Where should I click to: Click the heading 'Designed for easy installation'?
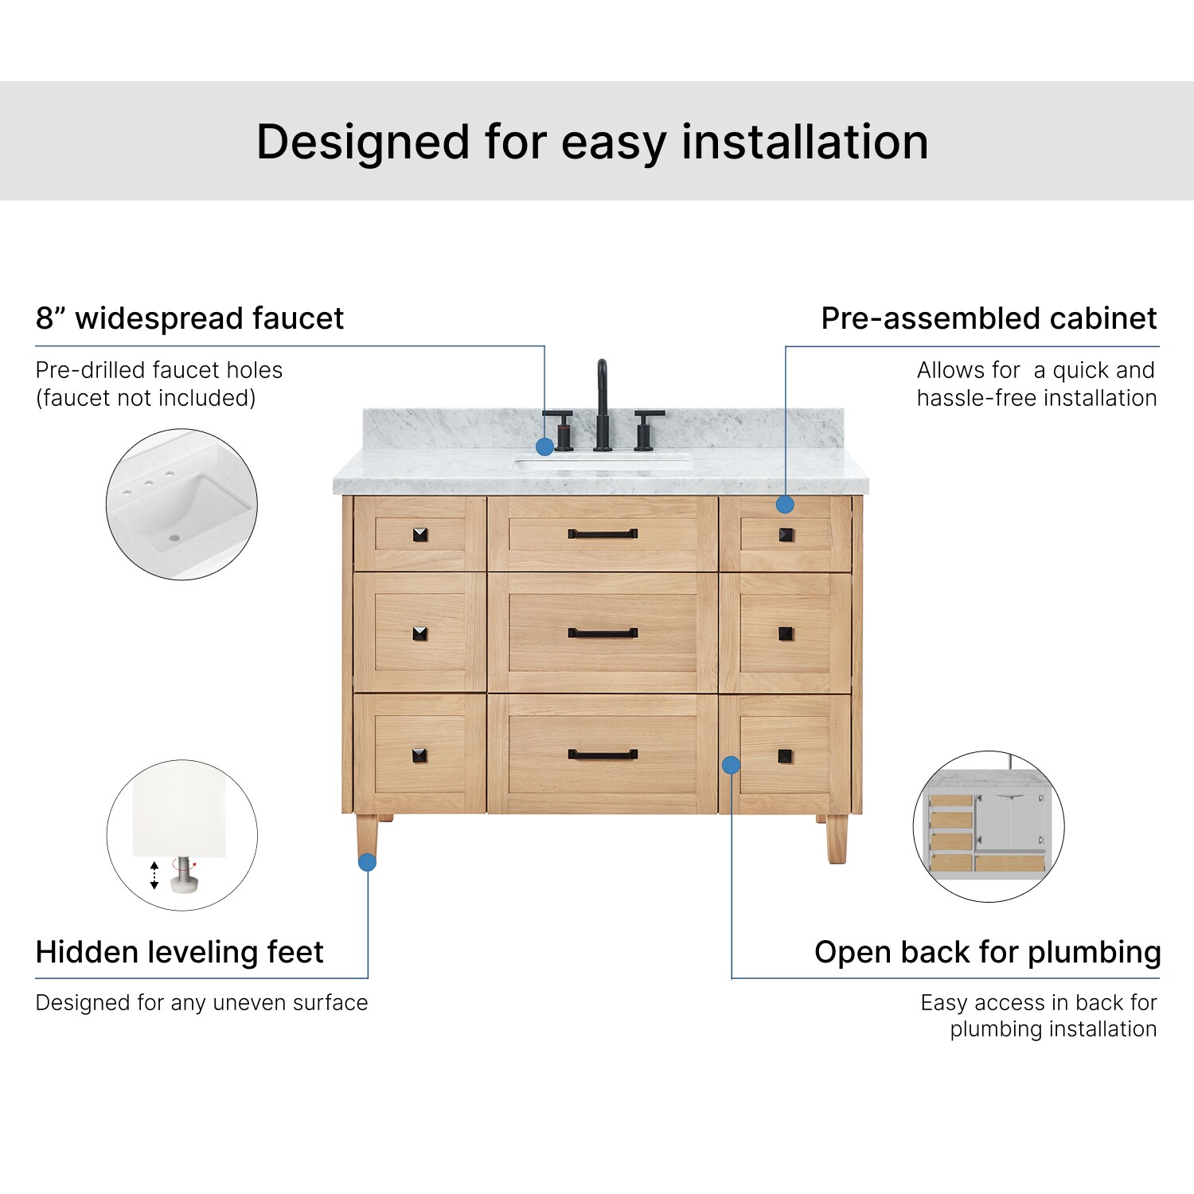click(592, 142)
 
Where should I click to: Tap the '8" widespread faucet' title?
click(189, 318)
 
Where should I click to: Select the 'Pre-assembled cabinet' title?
click(989, 318)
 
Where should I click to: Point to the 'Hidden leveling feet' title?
click(180, 952)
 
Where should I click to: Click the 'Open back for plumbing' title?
click(987, 952)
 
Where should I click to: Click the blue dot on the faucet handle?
click(544, 447)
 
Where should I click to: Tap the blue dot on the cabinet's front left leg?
click(367, 862)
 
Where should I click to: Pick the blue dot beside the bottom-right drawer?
click(731, 765)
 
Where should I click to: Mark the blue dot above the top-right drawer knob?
click(785, 504)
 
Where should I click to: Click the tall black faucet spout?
click(603, 405)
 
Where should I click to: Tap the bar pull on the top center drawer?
click(603, 534)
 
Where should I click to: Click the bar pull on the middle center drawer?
click(603, 634)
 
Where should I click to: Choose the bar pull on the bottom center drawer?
click(603, 755)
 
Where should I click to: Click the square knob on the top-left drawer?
click(420, 534)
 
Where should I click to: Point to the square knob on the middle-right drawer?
click(786, 634)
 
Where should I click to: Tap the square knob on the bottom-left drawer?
click(420, 755)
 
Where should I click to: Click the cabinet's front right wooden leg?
click(837, 839)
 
